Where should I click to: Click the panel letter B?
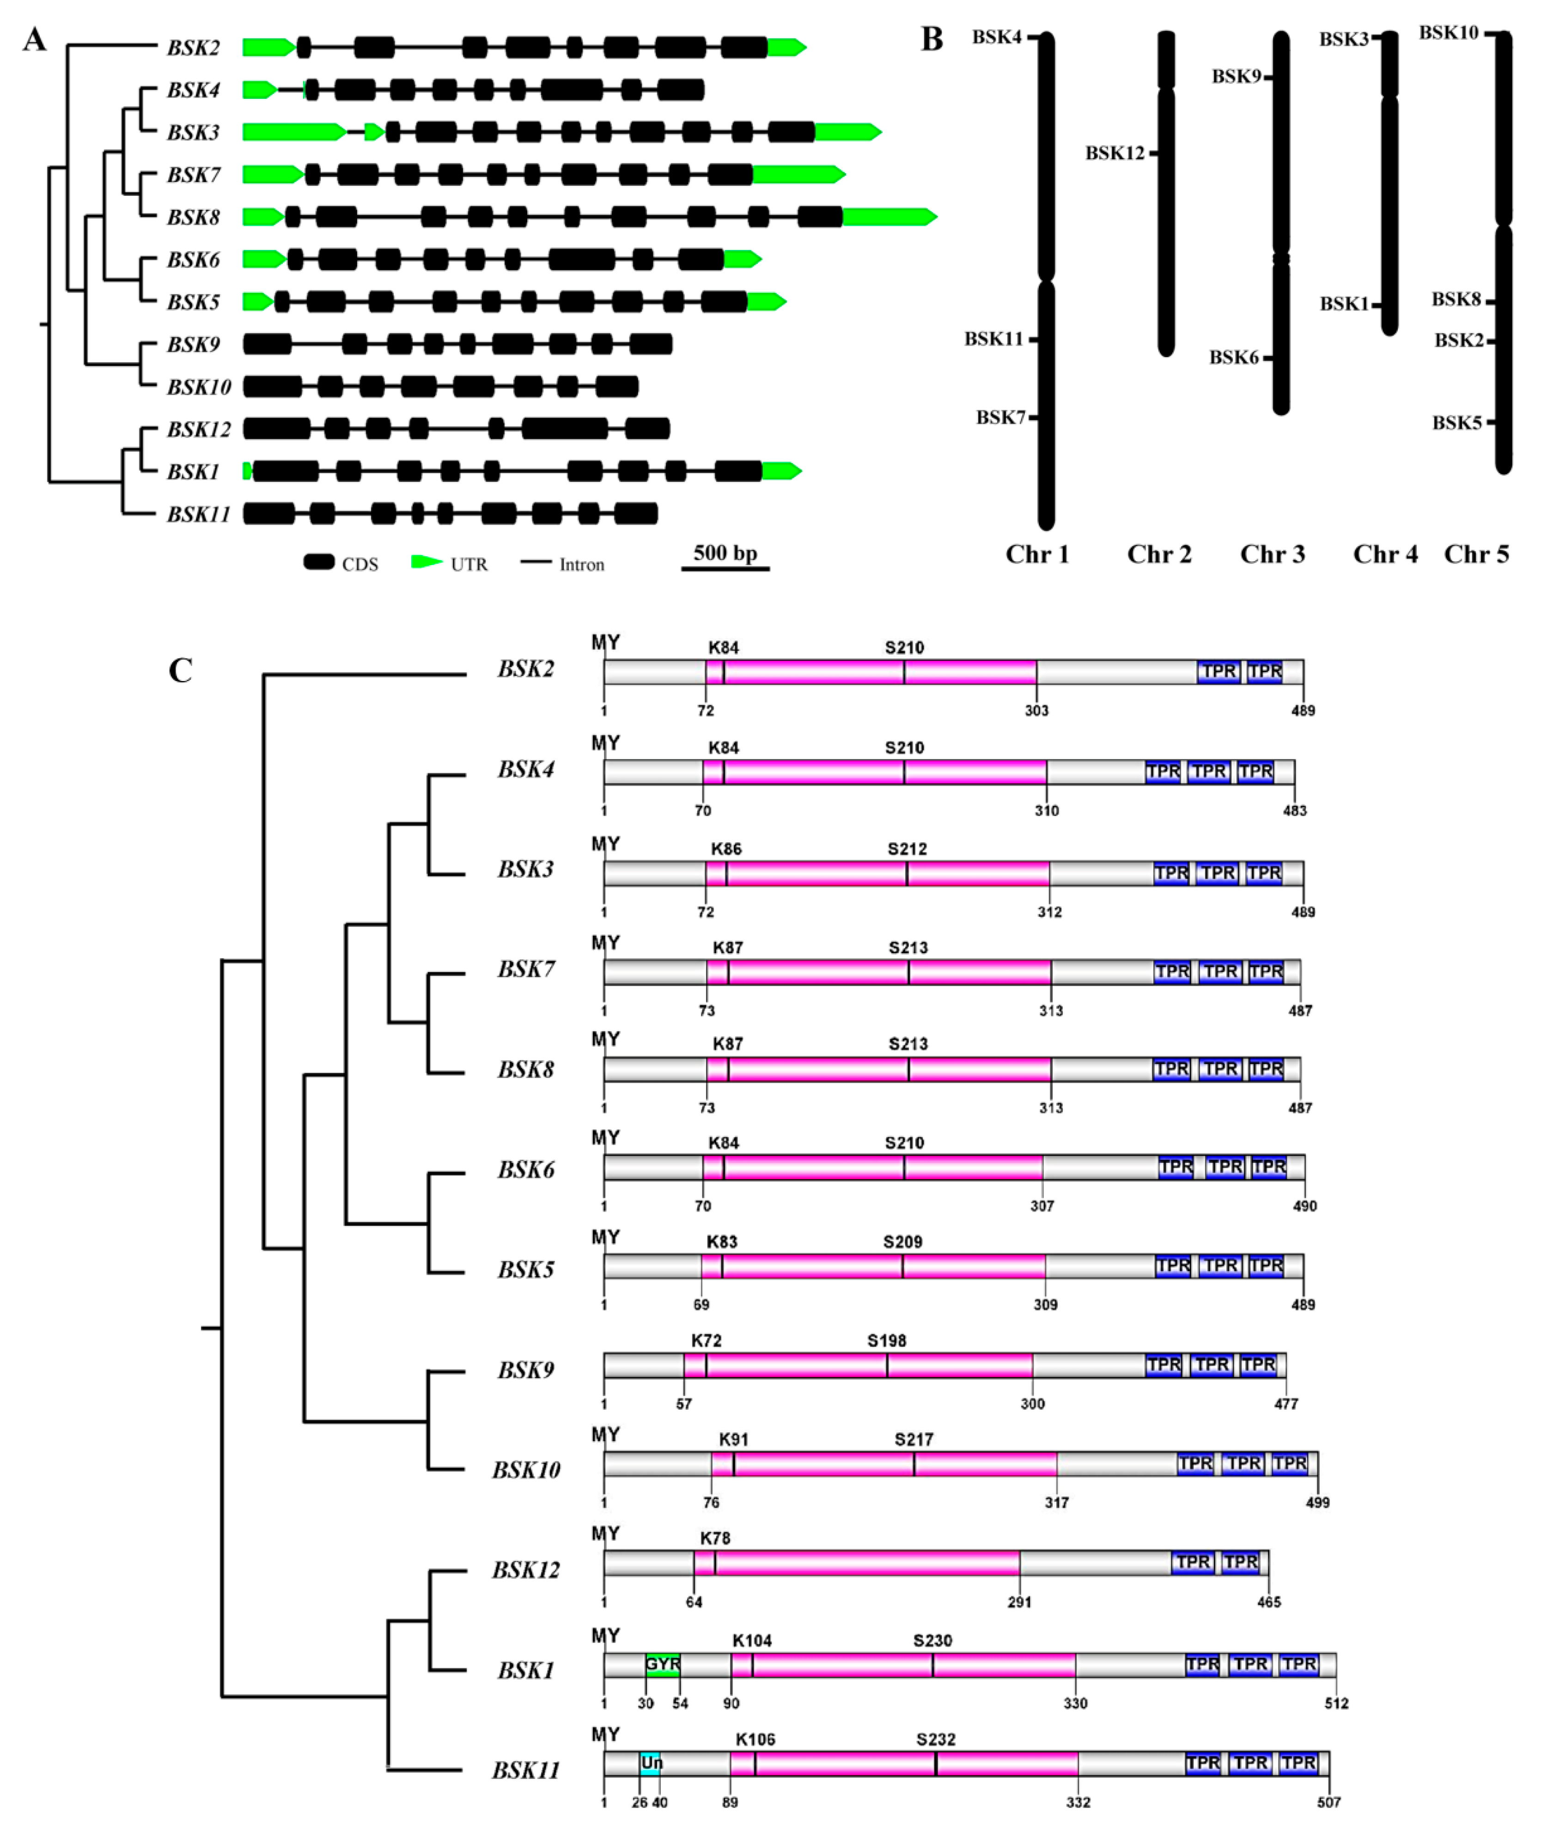click(932, 40)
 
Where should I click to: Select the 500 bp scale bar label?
click(725, 553)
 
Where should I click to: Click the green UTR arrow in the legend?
click(426, 562)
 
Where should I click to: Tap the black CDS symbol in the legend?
click(319, 562)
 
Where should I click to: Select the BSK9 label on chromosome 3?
click(1236, 77)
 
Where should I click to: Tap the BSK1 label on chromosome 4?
click(1344, 304)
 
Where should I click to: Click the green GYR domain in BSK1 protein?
click(663, 1664)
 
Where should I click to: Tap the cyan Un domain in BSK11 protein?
click(651, 1763)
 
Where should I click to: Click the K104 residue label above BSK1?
click(752, 1641)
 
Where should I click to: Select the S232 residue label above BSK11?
click(936, 1740)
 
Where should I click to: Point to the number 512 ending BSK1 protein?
click(1337, 1703)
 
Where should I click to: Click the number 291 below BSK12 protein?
click(1019, 1602)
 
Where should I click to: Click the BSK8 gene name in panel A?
click(194, 218)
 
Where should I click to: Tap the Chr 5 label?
click(1476, 554)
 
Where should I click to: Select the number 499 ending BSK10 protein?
click(1317, 1503)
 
